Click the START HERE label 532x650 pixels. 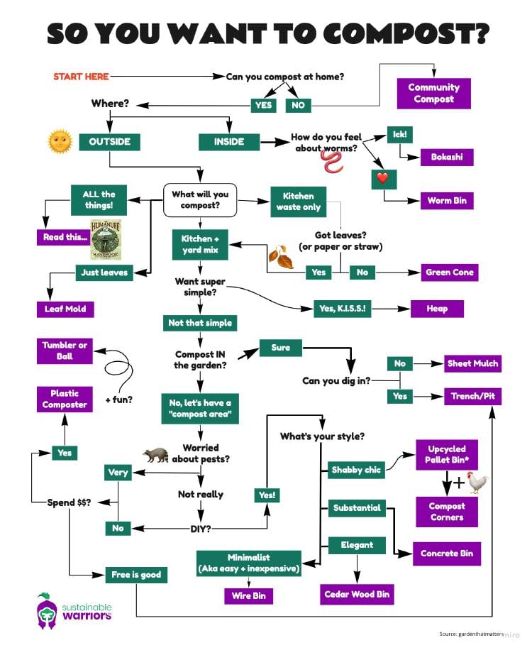pyautogui.click(x=81, y=76)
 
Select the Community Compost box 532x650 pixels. pyautogui.click(x=433, y=93)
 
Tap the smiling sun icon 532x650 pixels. pyautogui.click(x=60, y=141)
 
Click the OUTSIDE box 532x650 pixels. pyautogui.click(x=110, y=141)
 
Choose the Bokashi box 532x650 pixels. pyautogui.click(x=446, y=157)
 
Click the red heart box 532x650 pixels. pyautogui.click(x=382, y=179)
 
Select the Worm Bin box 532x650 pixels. pyautogui.click(x=446, y=201)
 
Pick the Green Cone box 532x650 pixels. pyautogui.click(x=449, y=272)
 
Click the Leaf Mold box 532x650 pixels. pyautogui.click(x=65, y=309)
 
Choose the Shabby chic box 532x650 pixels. pyautogui.click(x=357, y=470)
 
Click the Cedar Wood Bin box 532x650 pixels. pyautogui.click(x=357, y=594)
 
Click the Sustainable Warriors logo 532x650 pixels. pyautogui.click(x=74, y=608)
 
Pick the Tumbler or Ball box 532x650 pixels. pyautogui.click(x=65, y=351)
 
